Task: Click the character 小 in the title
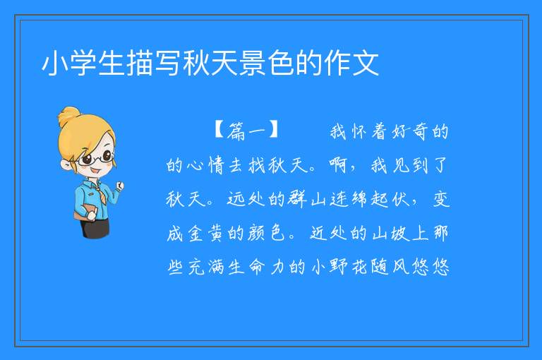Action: coord(55,63)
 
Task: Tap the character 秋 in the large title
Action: coord(197,63)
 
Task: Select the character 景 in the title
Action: coord(253,63)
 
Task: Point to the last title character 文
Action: coord(366,63)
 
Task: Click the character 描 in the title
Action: coord(140,63)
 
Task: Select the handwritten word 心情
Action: coord(206,165)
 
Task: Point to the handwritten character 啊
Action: coord(338,165)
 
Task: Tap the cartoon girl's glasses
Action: coord(96,159)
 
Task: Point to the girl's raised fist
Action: coord(119,186)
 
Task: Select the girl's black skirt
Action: coord(94,227)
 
